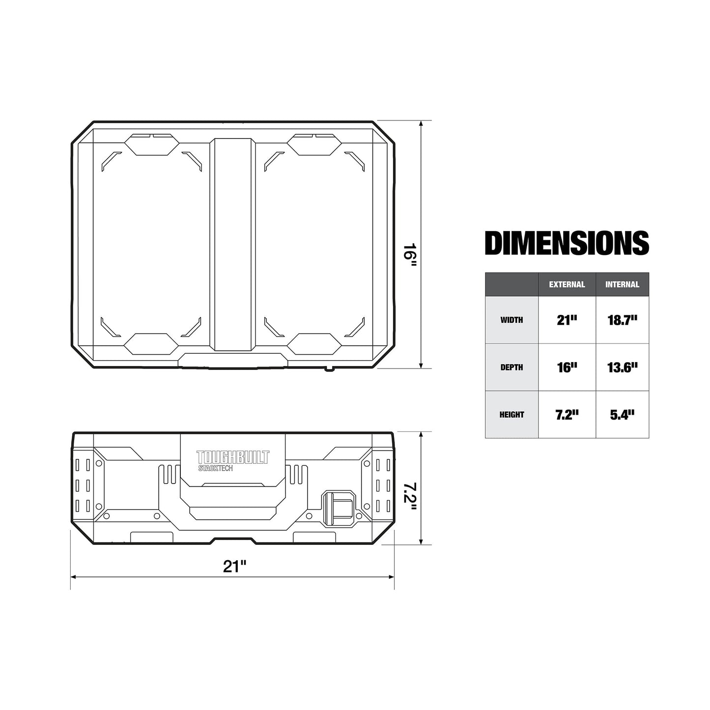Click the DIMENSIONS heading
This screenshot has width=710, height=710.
click(567, 243)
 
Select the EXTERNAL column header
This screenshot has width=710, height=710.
click(567, 284)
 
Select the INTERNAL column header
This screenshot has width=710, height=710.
click(622, 284)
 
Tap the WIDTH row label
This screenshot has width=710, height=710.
click(511, 320)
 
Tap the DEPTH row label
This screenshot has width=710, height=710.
click(511, 368)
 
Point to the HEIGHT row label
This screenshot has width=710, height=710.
click(511, 415)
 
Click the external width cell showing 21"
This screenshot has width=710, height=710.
click(567, 320)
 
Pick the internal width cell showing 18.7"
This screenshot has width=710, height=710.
click(622, 320)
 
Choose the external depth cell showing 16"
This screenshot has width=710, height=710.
click(567, 368)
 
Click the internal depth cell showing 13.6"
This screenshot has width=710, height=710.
click(622, 368)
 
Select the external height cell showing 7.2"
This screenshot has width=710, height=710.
click(567, 415)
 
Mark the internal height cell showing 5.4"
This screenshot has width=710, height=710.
click(622, 415)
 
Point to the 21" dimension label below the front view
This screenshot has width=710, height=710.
click(234, 566)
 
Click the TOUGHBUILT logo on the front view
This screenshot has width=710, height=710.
click(233, 457)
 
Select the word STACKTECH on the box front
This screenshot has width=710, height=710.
click(215, 469)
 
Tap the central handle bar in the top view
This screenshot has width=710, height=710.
click(233, 244)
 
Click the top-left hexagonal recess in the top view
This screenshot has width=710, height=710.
click(150, 144)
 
